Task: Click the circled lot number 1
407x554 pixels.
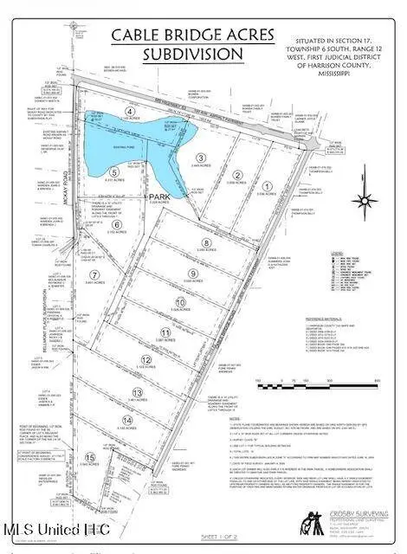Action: [268, 186]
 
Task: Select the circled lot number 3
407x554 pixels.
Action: [200, 158]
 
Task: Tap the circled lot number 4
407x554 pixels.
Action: [130, 112]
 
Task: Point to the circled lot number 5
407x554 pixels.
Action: [113, 172]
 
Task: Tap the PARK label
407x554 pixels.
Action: [157, 196]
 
